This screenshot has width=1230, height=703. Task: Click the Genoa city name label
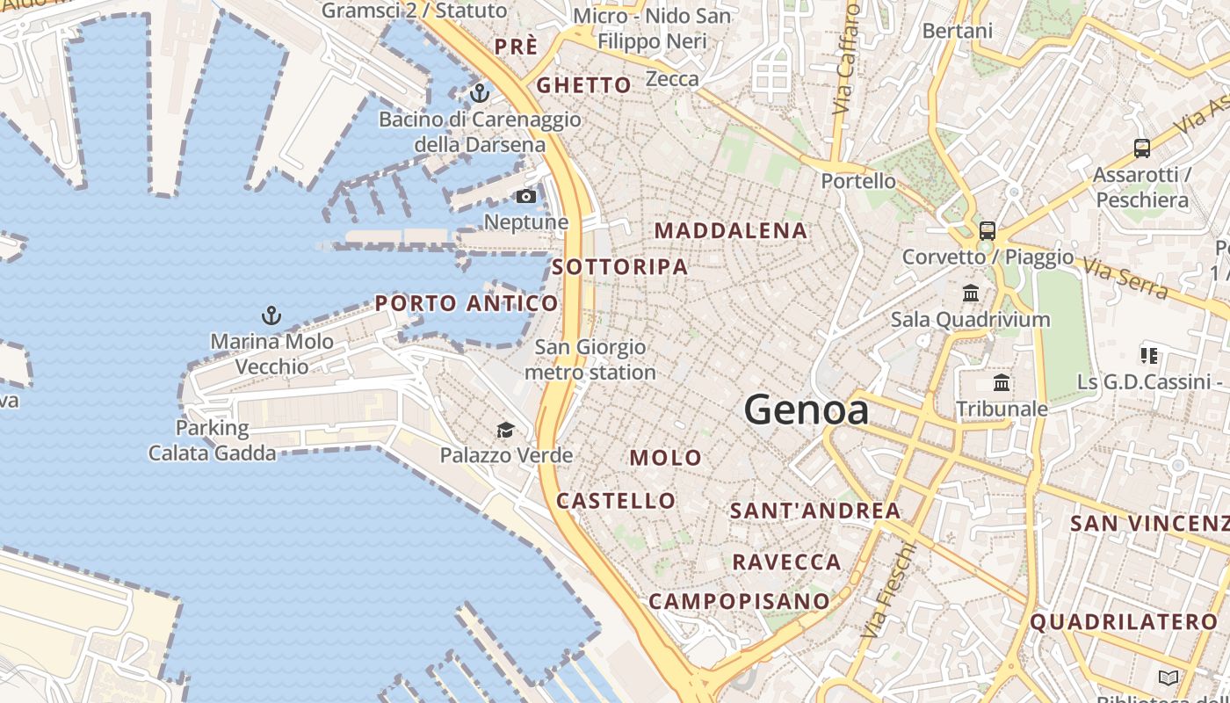click(x=807, y=410)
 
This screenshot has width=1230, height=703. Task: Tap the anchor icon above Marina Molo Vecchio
click(x=271, y=315)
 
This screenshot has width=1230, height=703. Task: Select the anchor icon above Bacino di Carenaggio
click(x=480, y=92)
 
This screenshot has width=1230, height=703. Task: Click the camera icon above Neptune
click(x=526, y=196)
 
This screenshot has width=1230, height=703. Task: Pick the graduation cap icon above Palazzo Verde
click(x=505, y=430)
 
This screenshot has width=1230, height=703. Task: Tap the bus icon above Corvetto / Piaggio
click(x=988, y=231)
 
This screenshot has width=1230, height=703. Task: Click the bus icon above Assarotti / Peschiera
click(x=1141, y=149)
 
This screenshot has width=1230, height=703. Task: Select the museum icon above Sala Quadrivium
click(x=971, y=293)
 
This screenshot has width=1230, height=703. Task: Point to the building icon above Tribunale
click(x=1002, y=382)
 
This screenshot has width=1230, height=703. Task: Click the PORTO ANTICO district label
click(x=467, y=304)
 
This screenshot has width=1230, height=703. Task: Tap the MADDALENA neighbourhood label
click(x=731, y=231)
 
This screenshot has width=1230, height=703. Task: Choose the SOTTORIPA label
click(x=620, y=267)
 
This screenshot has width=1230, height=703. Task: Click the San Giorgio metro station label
click(x=590, y=360)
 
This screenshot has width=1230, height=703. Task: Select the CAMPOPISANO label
click(x=739, y=602)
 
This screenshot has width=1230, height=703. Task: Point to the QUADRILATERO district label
click(x=1129, y=623)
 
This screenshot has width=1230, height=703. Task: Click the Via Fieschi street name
click(x=888, y=591)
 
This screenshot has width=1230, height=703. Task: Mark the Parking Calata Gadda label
click(x=212, y=441)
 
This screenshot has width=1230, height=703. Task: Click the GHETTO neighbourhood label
click(x=583, y=85)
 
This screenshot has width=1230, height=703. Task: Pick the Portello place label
click(x=858, y=182)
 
